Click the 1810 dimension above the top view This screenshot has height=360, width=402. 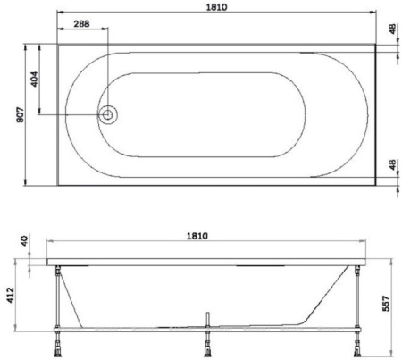coord(217,7)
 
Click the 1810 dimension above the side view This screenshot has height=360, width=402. coord(197,236)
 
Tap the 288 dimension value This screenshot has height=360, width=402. coord(81,23)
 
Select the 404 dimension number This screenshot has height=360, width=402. coord(35,80)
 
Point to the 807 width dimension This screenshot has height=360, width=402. coord(21,114)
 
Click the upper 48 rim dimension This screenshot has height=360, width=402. coord(393,29)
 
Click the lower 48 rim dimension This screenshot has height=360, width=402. coord(393,164)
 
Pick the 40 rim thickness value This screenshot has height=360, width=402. coord(24,240)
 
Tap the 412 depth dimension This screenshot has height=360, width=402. coord(11,296)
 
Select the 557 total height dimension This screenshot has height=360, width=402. coord(386,303)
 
